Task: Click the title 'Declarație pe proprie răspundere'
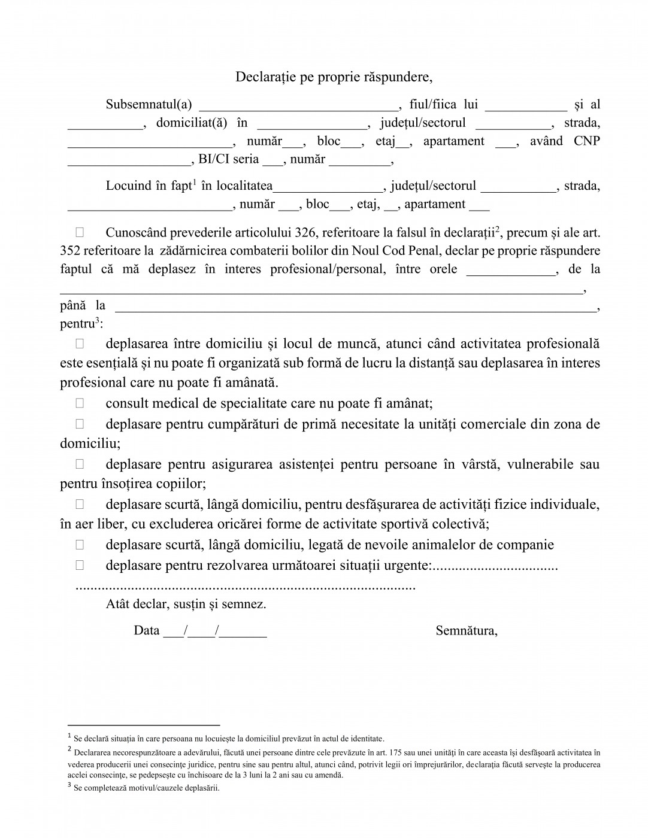333,77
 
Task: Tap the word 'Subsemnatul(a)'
149,105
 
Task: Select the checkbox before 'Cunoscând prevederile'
80,232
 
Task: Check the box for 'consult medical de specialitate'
80,403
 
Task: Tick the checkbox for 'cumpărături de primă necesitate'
80,424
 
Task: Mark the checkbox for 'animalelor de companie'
80,545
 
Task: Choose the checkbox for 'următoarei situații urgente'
80,565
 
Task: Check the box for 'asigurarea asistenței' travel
80,464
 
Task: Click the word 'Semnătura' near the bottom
466,630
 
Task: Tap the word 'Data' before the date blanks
147,630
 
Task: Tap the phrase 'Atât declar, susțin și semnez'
186,604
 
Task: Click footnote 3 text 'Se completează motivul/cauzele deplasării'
146,788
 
